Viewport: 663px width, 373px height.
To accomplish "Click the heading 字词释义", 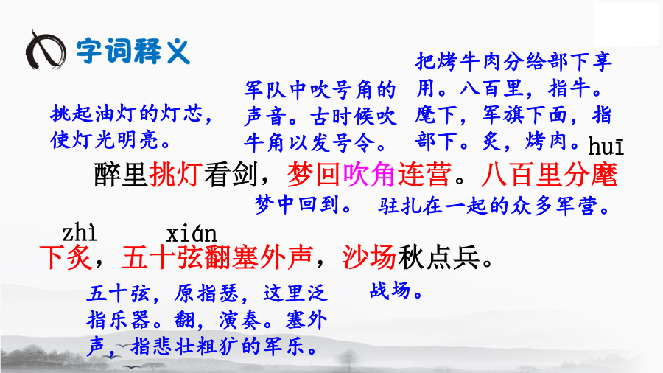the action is [133, 52].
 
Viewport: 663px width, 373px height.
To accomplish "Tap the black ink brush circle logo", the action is [46, 50].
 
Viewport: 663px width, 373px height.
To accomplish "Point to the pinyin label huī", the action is [606, 146].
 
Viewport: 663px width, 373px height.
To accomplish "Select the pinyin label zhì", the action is [79, 233].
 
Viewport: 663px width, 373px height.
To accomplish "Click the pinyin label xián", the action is [191, 234].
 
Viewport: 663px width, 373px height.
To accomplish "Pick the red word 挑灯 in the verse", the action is [176, 174].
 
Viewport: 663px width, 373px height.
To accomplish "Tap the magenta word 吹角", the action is [369, 174].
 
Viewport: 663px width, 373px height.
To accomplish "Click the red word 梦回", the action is [314, 174].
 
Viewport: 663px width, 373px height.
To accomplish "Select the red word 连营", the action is [424, 174].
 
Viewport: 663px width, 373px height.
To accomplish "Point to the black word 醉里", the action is [121, 174].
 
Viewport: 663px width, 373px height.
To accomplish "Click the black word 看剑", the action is [231, 174].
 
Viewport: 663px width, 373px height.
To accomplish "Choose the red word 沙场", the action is [369, 257].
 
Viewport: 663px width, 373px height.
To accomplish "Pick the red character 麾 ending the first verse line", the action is [604, 174].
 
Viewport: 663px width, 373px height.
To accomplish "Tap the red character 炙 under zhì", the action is [80, 257].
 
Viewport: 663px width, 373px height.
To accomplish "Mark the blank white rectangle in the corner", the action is [626, 24].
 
